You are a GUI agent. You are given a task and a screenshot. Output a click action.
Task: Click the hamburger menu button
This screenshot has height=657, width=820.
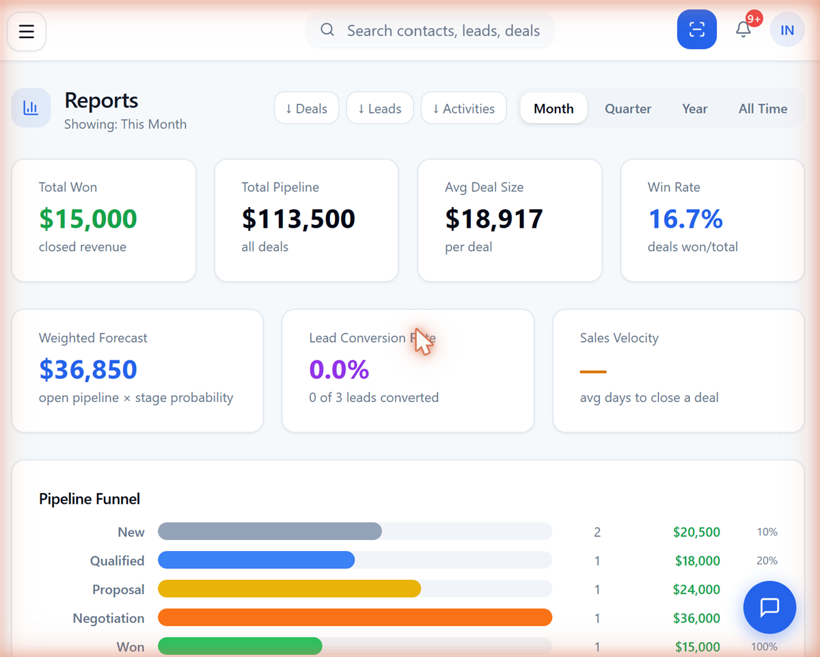pyautogui.click(x=27, y=31)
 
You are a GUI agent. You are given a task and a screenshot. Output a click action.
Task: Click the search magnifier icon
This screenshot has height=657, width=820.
pyautogui.click(x=327, y=29)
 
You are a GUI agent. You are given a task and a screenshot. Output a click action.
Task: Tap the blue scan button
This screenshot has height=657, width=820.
pyautogui.click(x=696, y=29)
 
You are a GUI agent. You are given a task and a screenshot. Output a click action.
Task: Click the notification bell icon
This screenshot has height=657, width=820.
pyautogui.click(x=743, y=29)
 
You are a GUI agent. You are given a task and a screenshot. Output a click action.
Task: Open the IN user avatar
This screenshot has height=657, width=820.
pyautogui.click(x=787, y=30)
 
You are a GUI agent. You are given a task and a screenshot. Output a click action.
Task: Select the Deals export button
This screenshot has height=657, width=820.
pyautogui.click(x=306, y=108)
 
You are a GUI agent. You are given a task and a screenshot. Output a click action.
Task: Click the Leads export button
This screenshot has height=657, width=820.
pyautogui.click(x=380, y=108)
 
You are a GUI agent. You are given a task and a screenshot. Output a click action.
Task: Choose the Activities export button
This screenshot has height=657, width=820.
pyautogui.click(x=464, y=108)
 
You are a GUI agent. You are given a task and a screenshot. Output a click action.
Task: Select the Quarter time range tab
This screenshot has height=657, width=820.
pyautogui.click(x=628, y=109)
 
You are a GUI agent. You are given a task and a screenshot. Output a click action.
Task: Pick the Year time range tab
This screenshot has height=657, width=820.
pyautogui.click(x=695, y=109)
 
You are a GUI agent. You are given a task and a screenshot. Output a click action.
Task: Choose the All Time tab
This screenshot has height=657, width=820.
pyautogui.click(x=763, y=109)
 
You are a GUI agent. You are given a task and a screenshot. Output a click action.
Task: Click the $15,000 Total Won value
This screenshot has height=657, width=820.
pyautogui.click(x=88, y=219)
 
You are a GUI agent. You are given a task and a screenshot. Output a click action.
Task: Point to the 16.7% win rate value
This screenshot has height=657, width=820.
pyautogui.click(x=685, y=219)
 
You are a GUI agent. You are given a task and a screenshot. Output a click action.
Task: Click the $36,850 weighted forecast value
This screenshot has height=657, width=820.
pyautogui.click(x=88, y=369)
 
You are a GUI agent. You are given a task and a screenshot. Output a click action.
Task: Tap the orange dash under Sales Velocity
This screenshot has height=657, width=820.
pyautogui.click(x=593, y=371)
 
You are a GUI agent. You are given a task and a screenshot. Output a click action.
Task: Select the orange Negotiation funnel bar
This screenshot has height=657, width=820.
pyautogui.click(x=355, y=617)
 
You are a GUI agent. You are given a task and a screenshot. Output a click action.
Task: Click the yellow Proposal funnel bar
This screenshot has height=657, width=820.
pyautogui.click(x=289, y=589)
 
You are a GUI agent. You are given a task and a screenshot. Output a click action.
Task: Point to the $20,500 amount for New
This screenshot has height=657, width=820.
pyautogui.click(x=696, y=532)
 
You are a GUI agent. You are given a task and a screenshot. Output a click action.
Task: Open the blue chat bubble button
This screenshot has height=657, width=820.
pyautogui.click(x=769, y=607)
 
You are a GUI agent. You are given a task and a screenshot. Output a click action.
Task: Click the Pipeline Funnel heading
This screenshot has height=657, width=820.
pyautogui.click(x=90, y=499)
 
